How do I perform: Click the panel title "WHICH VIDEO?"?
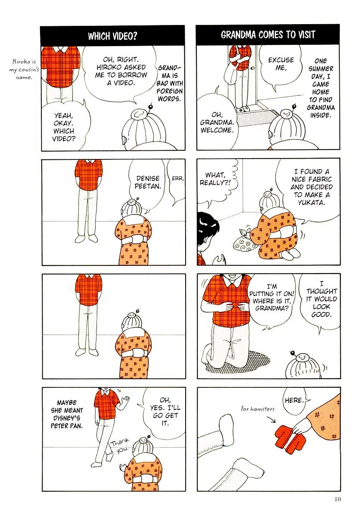click(x=112, y=36)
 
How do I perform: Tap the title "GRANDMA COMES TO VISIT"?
click(x=268, y=34)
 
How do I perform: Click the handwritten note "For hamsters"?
click(x=258, y=409)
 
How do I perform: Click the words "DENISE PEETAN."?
click(x=148, y=182)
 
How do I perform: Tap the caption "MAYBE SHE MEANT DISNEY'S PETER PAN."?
click(x=67, y=414)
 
